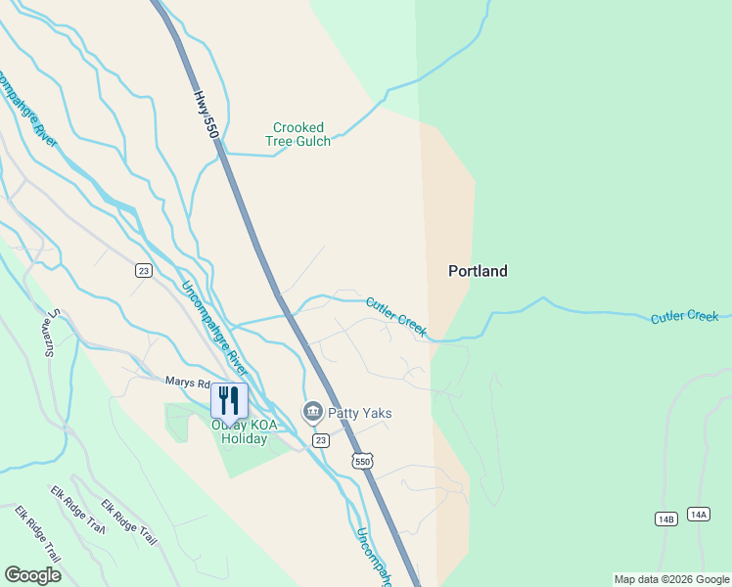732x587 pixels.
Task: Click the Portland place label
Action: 478,271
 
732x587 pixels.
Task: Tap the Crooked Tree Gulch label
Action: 298,134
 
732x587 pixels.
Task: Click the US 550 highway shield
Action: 363,462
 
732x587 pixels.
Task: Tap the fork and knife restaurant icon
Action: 229,400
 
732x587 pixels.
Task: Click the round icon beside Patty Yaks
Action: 313,412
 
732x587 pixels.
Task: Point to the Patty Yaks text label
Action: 360,413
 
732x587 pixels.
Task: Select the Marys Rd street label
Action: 186,384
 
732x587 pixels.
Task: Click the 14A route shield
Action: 698,514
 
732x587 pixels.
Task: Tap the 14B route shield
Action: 665,519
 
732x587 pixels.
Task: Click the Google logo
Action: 32,575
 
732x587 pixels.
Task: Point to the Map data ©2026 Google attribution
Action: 671,579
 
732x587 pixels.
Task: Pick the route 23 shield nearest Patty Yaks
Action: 320,441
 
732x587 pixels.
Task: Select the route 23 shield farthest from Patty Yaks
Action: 143,271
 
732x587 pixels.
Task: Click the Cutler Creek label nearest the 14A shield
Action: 685,317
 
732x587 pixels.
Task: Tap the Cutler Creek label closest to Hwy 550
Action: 396,317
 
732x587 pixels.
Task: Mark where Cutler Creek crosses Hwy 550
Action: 288,315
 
